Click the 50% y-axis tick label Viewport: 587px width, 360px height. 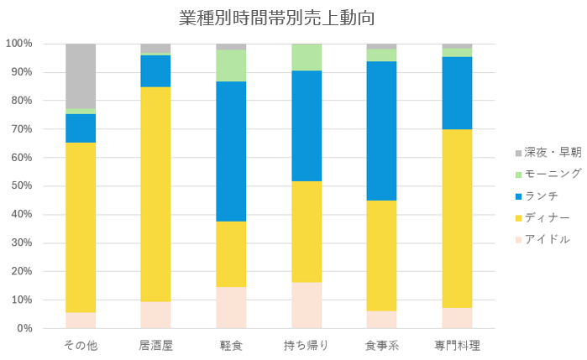22,186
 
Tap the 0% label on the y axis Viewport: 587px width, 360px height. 24,328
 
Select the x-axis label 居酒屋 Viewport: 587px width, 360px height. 155,346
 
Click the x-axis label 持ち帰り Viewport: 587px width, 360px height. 307,346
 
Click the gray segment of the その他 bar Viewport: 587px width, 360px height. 81,76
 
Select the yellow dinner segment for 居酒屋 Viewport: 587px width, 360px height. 155,194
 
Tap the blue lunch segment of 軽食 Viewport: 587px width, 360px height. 231,151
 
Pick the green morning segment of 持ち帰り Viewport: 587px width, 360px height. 307,57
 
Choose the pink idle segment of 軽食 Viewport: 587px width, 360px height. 231,307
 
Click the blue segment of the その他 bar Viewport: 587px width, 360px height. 81,128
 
